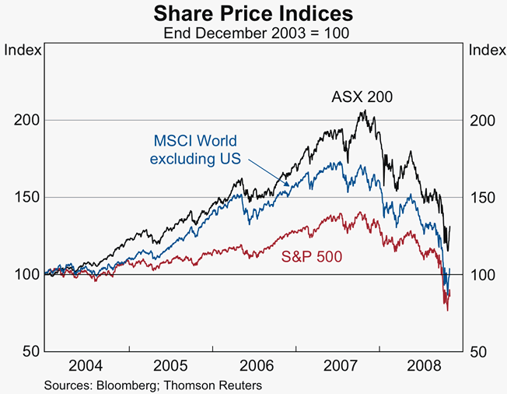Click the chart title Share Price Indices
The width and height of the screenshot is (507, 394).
[253, 13]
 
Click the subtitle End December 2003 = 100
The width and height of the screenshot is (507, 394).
[253, 33]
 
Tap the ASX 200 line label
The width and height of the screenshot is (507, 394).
[362, 97]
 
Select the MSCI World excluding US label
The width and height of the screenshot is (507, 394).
[194, 150]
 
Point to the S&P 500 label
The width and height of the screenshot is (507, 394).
[310, 256]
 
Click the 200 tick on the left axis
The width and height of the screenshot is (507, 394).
[26, 121]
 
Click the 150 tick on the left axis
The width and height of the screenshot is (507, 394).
[26, 198]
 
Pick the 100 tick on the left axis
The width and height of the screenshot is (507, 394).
[26, 275]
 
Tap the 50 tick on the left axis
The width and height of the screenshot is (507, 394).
[30, 352]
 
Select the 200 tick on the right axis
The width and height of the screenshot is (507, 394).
[481, 121]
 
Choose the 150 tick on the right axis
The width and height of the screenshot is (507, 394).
[481, 198]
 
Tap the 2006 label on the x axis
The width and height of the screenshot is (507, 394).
[254, 365]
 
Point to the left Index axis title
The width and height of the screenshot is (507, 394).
[23, 51]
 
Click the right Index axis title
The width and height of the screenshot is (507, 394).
[484, 51]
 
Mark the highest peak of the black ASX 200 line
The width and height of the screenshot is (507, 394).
[362, 111]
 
